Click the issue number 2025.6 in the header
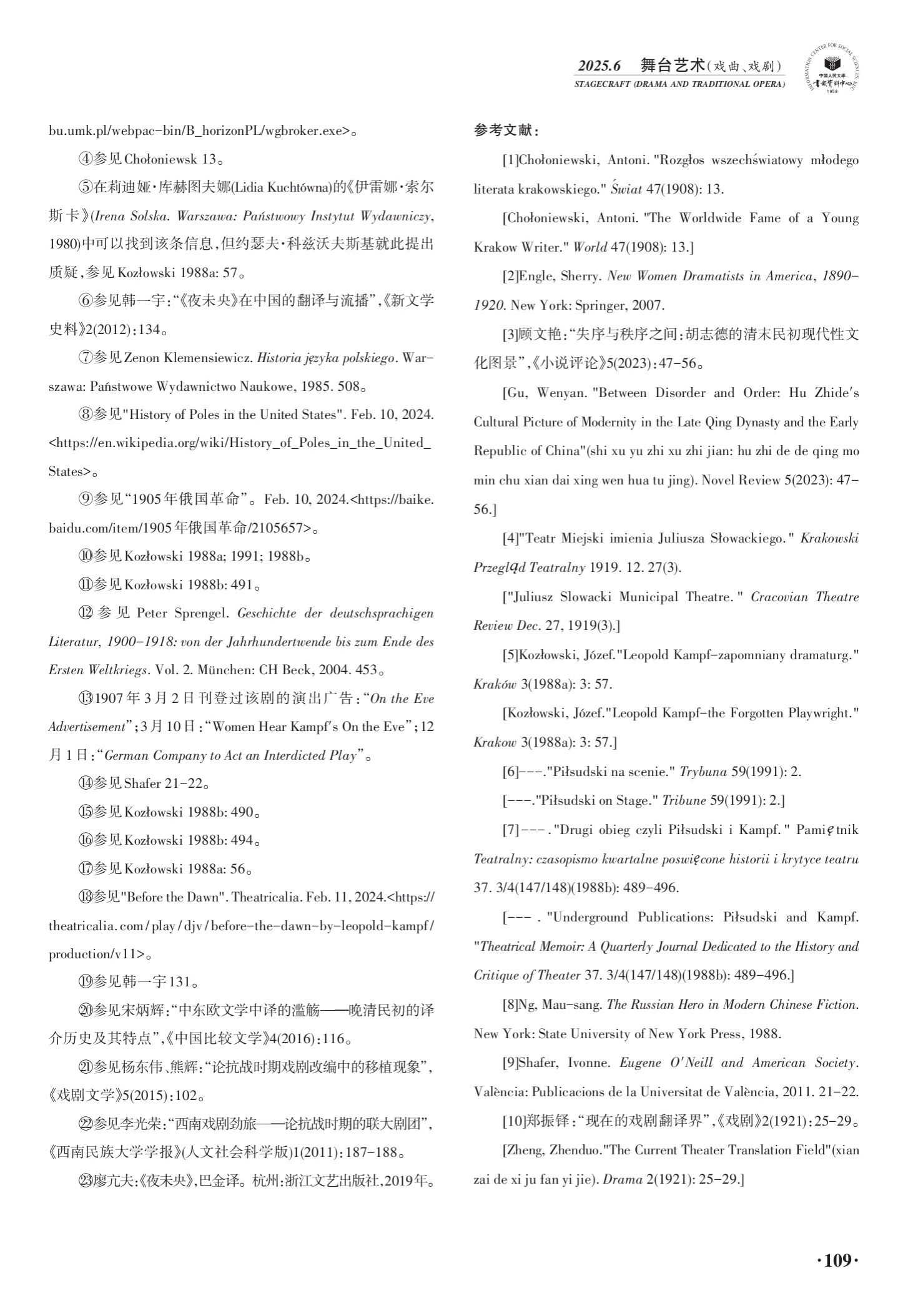tap(600, 66)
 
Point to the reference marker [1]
tap(510, 160)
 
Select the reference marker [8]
tap(510, 1004)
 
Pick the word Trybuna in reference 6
tap(703, 772)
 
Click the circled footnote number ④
tap(85, 159)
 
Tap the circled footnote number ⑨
tap(85, 499)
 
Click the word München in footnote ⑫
tap(221, 670)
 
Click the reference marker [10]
tap(513, 1121)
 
